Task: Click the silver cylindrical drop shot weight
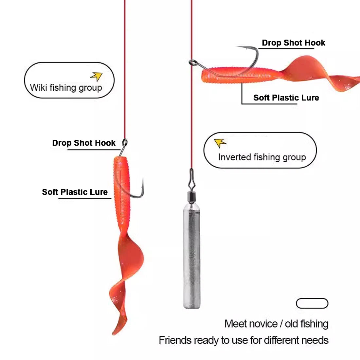pyautogui.click(x=192, y=255)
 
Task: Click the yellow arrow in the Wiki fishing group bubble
pyautogui.click(x=97, y=77)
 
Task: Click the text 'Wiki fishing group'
pyautogui.click(x=66, y=88)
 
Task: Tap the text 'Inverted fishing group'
pyautogui.click(x=262, y=157)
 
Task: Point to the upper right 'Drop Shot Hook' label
pyautogui.click(x=294, y=43)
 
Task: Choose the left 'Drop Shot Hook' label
pyautogui.click(x=84, y=143)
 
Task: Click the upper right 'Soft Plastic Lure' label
pyautogui.click(x=286, y=98)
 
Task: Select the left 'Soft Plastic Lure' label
pyautogui.click(x=75, y=192)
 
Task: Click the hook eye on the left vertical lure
pyautogui.click(x=125, y=142)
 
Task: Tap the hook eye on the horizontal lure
pyautogui.click(x=192, y=62)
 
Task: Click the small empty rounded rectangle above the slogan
pyautogui.click(x=312, y=303)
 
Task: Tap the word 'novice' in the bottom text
pyautogui.click(x=262, y=324)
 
